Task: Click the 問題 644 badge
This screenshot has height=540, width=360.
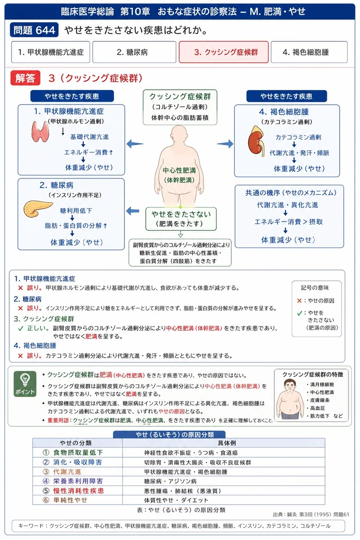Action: pos(34,30)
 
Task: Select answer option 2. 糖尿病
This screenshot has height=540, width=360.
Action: pos(134,52)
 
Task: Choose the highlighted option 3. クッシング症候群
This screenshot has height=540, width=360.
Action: pos(224,52)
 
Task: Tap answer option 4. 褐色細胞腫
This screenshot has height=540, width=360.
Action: pos(309,52)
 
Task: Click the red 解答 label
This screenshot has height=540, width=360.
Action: pos(25,78)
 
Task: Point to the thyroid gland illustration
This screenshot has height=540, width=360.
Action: pos(40,131)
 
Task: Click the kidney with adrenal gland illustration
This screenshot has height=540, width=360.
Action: pos(256,141)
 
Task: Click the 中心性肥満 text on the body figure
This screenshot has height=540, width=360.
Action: pos(179,170)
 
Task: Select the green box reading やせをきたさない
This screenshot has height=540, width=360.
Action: pos(181,219)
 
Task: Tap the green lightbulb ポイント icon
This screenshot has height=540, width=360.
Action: pos(25,384)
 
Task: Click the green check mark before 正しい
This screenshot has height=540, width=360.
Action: pos(21,328)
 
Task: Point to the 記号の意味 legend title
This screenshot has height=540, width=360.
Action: pos(315,288)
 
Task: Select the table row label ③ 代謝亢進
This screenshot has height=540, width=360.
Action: pos(62,472)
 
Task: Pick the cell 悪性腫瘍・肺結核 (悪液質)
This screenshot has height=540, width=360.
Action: pos(182,491)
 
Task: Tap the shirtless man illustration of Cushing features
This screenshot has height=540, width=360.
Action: pos(290,400)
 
